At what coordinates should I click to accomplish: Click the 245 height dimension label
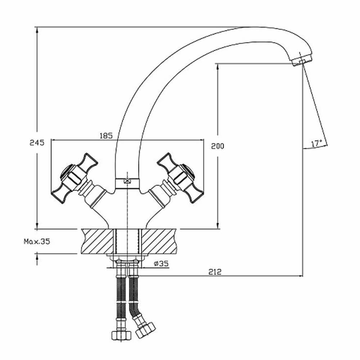[37, 143]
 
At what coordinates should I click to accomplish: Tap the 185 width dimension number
[106, 136]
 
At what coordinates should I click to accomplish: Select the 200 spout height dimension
[217, 146]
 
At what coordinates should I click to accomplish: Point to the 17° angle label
[317, 143]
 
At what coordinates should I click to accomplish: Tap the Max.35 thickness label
[37, 242]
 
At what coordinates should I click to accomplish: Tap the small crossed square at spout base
[127, 182]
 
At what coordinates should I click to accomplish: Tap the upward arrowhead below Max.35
[37, 257]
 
